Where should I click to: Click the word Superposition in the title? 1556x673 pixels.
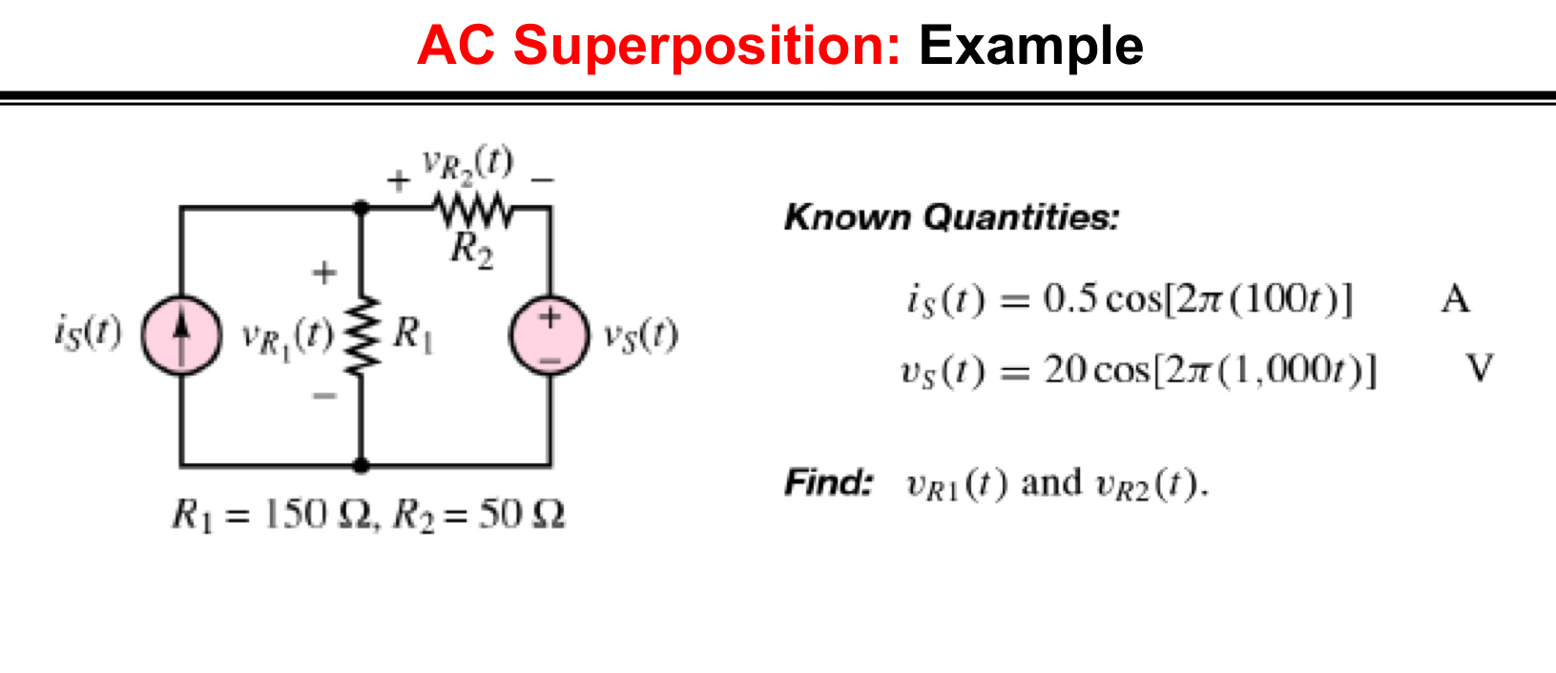pyautogui.click(x=706, y=46)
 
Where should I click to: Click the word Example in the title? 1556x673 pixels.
pyautogui.click(x=1030, y=46)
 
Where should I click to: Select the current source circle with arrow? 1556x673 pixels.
pyautogui.click(x=181, y=335)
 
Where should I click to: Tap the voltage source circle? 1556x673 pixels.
pyautogui.click(x=550, y=335)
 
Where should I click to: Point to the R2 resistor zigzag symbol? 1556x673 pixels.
pyautogui.click(x=473, y=208)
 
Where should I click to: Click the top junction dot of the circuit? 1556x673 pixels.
pyautogui.click(x=362, y=207)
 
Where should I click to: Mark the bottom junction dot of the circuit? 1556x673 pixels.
pyautogui.click(x=362, y=465)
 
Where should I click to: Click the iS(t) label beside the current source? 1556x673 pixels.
pyautogui.click(x=88, y=333)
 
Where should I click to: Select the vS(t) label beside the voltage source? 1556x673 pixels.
pyautogui.click(x=640, y=335)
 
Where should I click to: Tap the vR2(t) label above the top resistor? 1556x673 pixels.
pyautogui.click(x=467, y=164)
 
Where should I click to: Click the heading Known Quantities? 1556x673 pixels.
pyautogui.click(x=951, y=217)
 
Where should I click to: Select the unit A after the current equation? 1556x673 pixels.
pyautogui.click(x=1455, y=300)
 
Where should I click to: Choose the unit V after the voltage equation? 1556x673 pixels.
pyautogui.click(x=1480, y=368)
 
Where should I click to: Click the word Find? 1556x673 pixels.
pyautogui.click(x=828, y=482)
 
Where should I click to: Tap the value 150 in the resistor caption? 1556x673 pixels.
pyautogui.click(x=295, y=515)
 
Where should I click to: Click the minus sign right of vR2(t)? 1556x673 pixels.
pyautogui.click(x=542, y=179)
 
